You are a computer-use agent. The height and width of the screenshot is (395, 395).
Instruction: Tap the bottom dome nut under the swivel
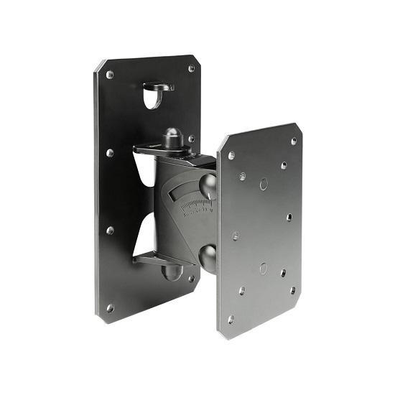[171, 272]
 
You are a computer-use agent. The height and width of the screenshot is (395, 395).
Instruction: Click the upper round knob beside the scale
[208, 186]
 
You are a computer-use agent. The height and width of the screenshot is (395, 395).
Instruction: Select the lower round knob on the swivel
[208, 255]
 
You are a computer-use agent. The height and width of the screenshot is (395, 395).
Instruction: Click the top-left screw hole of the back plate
[109, 75]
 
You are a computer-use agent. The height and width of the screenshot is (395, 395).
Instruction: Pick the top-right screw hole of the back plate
[192, 69]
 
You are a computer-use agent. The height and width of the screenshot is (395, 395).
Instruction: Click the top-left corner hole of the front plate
[231, 154]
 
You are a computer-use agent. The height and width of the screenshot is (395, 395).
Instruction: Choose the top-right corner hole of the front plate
[294, 141]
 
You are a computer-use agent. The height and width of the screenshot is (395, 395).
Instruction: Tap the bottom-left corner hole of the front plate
[231, 319]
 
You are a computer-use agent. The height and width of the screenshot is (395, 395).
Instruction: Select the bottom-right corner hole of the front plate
[292, 291]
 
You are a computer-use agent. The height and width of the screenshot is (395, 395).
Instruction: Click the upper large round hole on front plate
[264, 184]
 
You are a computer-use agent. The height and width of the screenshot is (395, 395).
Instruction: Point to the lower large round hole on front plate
[263, 269]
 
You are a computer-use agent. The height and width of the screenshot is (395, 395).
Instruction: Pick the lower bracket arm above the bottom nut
[154, 259]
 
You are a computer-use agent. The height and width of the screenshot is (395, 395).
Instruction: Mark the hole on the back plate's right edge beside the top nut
[191, 139]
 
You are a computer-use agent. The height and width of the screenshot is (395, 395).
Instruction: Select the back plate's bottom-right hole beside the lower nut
[191, 278]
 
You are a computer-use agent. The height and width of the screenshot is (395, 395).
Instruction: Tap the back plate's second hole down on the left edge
[109, 152]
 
